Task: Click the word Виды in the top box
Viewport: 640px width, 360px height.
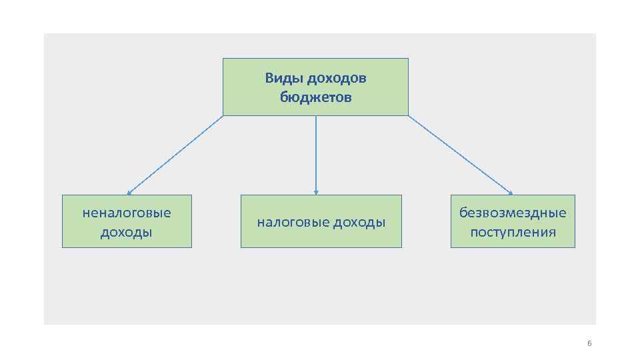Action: tap(278, 79)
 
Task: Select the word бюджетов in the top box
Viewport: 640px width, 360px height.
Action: tap(316, 97)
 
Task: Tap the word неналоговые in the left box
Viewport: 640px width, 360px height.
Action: tap(127, 213)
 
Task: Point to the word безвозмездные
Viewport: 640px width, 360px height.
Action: tap(513, 213)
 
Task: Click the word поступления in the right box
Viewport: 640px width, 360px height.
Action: tap(513, 232)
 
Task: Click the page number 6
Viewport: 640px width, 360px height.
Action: tap(589, 344)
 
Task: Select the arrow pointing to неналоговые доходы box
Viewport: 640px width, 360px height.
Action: tap(175, 155)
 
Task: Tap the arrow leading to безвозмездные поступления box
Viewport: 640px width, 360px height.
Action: tap(460, 155)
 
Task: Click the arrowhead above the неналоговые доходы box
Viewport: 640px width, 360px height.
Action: tap(129, 193)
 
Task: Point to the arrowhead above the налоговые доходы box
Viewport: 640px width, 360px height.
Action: tap(316, 192)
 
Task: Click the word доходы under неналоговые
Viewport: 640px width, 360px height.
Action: tap(127, 232)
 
